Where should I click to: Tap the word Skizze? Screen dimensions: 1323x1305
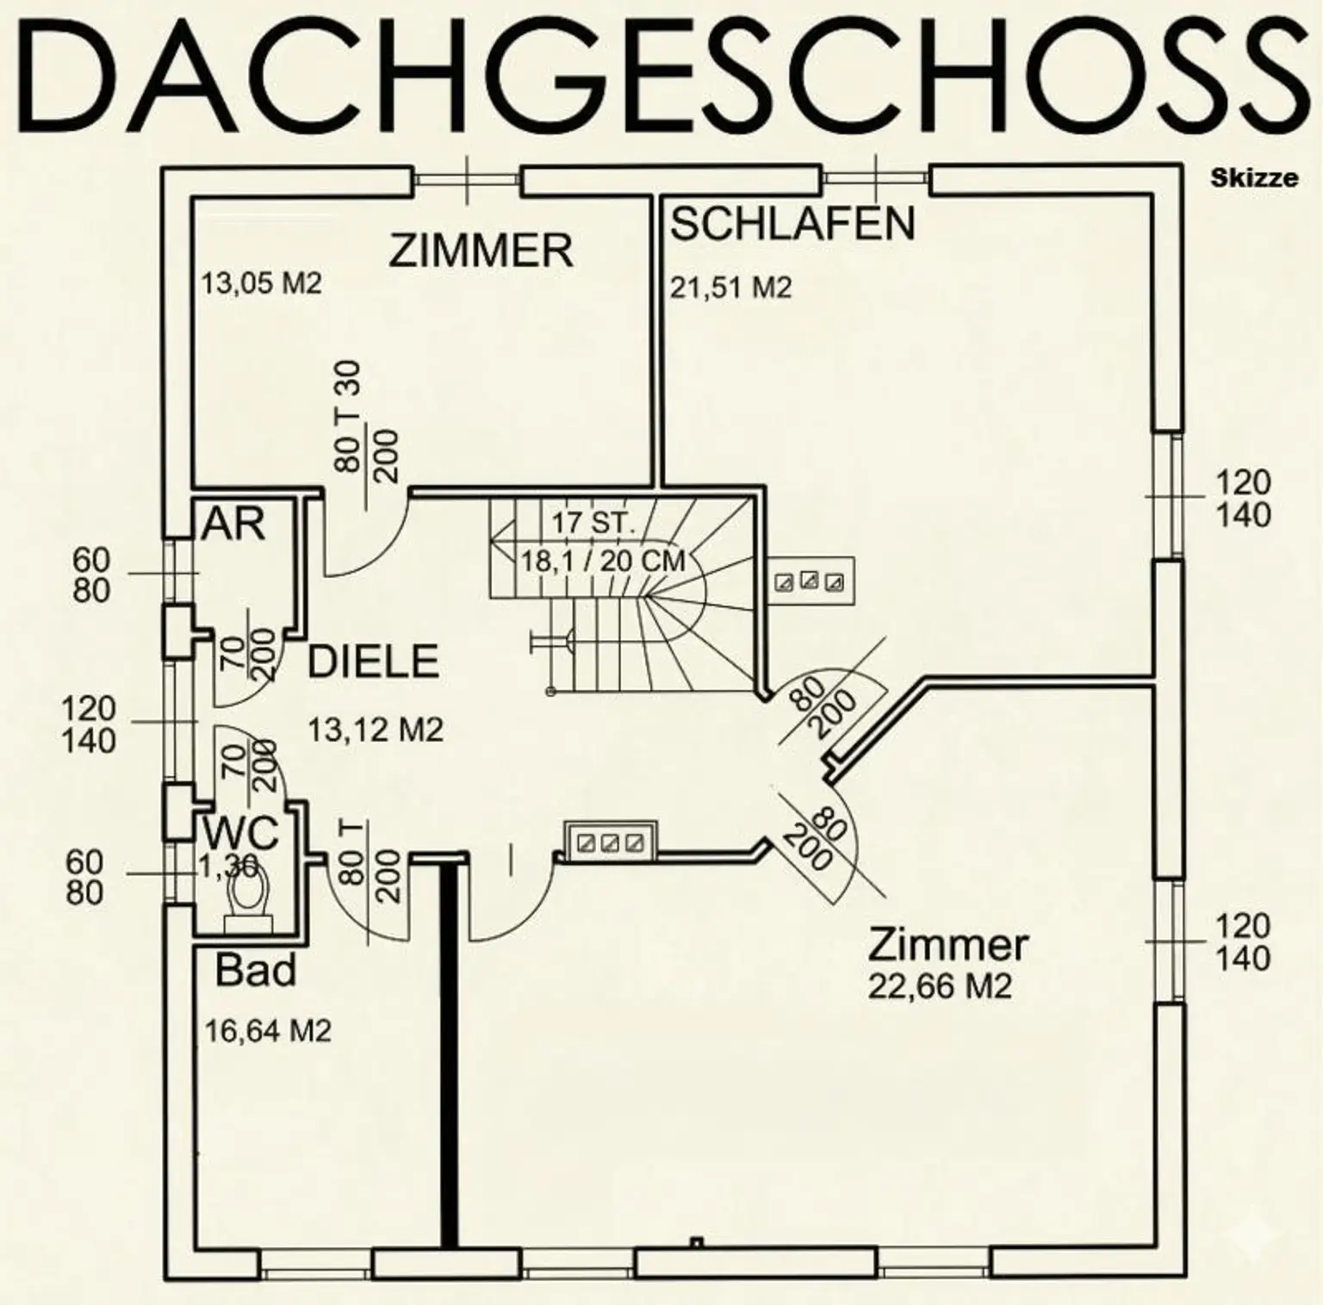tap(1254, 178)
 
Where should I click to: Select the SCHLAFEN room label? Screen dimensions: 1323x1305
tap(792, 224)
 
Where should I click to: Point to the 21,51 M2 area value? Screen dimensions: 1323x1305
tap(730, 288)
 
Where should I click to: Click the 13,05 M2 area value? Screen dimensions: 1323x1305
tap(261, 283)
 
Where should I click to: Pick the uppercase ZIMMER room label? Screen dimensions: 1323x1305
tap(481, 251)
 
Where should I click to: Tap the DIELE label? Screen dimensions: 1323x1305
tap(374, 662)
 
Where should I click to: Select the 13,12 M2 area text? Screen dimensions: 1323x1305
tap(376, 731)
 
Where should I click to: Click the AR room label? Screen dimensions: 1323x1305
tap(233, 524)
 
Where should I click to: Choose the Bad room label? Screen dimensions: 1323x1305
tap(256, 970)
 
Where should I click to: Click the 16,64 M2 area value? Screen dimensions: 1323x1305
tap(268, 1031)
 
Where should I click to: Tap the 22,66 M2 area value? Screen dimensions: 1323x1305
tap(939, 986)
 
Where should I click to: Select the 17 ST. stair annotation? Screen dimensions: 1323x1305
tap(593, 523)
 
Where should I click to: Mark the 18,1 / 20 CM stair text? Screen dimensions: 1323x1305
tap(602, 562)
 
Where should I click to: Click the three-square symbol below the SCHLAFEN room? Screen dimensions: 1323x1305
tap(809, 581)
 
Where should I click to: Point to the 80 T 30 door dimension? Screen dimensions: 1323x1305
tap(348, 417)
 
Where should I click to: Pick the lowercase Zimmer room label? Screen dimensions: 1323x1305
tap(947, 944)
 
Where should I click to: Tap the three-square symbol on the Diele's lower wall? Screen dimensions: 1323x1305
tap(610, 842)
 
